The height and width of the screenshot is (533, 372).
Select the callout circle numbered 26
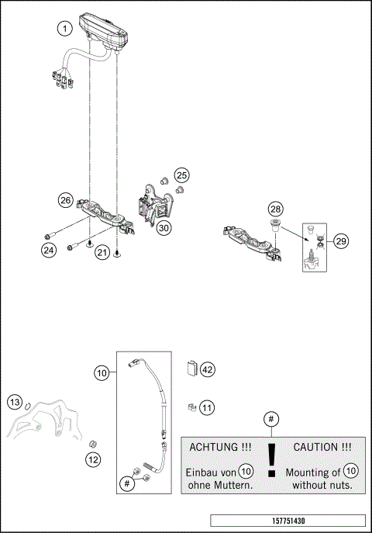coord(66,200)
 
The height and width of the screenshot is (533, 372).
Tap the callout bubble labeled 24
coord(49,250)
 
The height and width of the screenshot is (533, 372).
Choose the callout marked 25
coord(181,175)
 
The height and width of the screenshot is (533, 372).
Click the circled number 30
coord(164,228)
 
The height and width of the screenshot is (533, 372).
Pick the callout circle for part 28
coord(276,209)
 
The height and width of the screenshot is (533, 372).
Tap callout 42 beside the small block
coord(207,370)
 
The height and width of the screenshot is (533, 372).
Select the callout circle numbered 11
coord(207,406)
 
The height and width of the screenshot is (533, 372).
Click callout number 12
coord(93,459)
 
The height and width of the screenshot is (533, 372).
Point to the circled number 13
coord(15,402)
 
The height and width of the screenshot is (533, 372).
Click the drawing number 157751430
coord(287,520)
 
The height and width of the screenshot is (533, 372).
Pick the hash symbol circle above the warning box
coord(270,420)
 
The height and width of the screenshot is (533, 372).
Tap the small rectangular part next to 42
coord(191,368)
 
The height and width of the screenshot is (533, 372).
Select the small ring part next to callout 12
coord(94,441)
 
